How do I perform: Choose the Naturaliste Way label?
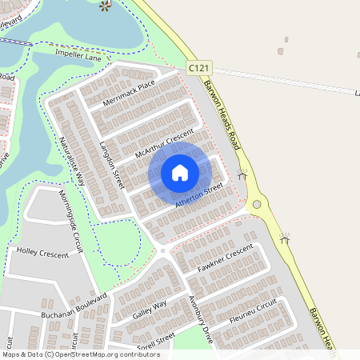(x=71, y=161)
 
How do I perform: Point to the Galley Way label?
(x=150, y=309)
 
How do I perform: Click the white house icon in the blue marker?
(x=180, y=172)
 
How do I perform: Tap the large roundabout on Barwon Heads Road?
(x=257, y=205)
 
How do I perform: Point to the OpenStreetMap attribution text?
(x=81, y=354)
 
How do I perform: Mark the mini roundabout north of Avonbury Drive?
(x=162, y=250)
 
